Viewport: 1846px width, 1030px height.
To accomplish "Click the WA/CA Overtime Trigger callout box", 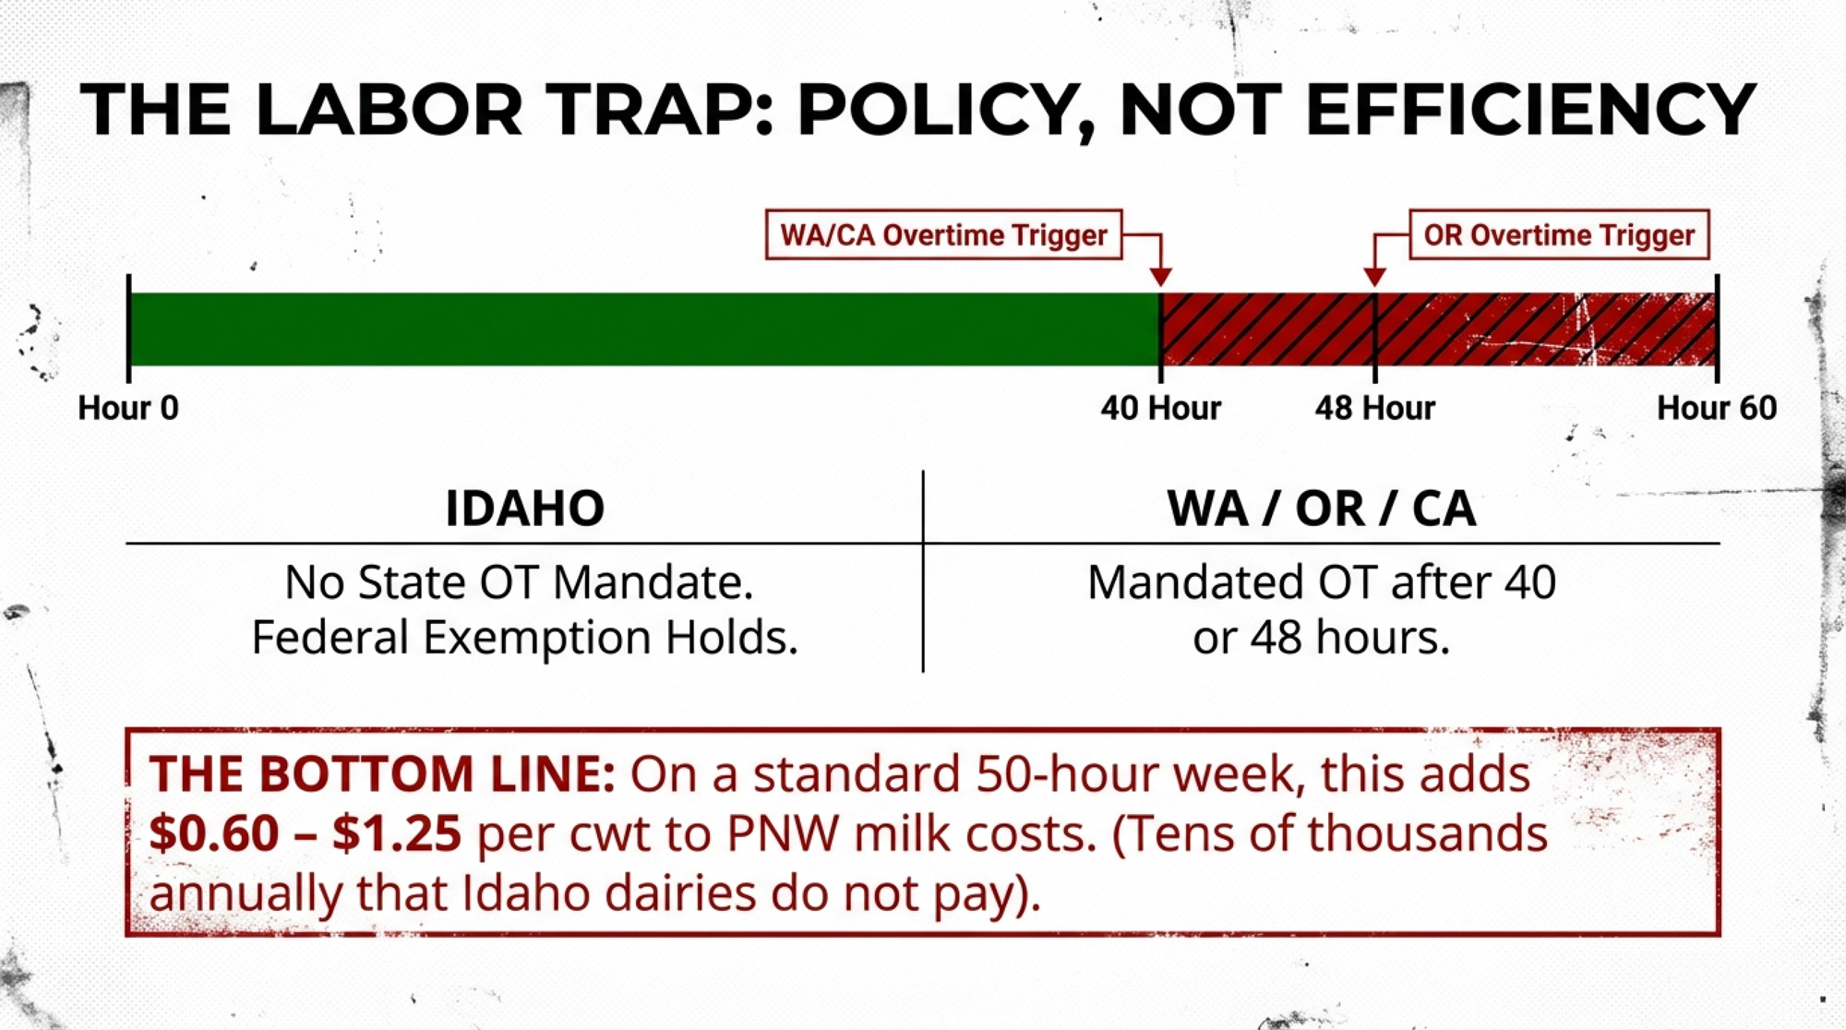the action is click(x=943, y=234).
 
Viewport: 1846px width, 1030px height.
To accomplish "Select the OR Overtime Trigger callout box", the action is click(x=1559, y=234).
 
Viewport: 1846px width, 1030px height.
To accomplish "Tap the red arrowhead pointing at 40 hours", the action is click(x=1160, y=277).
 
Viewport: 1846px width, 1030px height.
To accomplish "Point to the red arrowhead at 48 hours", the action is click(x=1374, y=277).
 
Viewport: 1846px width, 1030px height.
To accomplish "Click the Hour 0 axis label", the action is click(x=128, y=408).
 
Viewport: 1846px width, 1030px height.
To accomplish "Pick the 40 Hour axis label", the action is click(x=1160, y=408).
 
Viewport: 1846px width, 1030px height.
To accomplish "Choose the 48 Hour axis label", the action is click(x=1375, y=408).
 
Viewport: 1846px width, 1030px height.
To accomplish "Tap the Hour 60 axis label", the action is click(x=1717, y=408).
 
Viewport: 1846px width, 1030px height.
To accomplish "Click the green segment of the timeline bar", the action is click(x=644, y=329).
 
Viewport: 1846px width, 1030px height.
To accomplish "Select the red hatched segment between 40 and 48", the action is click(x=1267, y=329).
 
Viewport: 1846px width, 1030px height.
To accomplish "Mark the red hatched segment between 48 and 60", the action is click(x=1546, y=329).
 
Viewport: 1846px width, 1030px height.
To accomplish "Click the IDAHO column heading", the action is click(x=524, y=509).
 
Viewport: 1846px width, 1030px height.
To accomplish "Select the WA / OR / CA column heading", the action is click(x=1322, y=509).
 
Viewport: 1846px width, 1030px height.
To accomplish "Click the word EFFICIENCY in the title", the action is click(x=1530, y=110).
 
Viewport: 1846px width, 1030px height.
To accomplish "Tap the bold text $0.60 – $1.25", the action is click(x=305, y=833).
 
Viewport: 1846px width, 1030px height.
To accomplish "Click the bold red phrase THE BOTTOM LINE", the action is click(x=382, y=773).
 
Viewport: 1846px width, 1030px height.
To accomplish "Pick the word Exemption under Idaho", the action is click(x=538, y=638).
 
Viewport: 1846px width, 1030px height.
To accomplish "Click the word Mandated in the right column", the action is click(x=1196, y=582).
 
